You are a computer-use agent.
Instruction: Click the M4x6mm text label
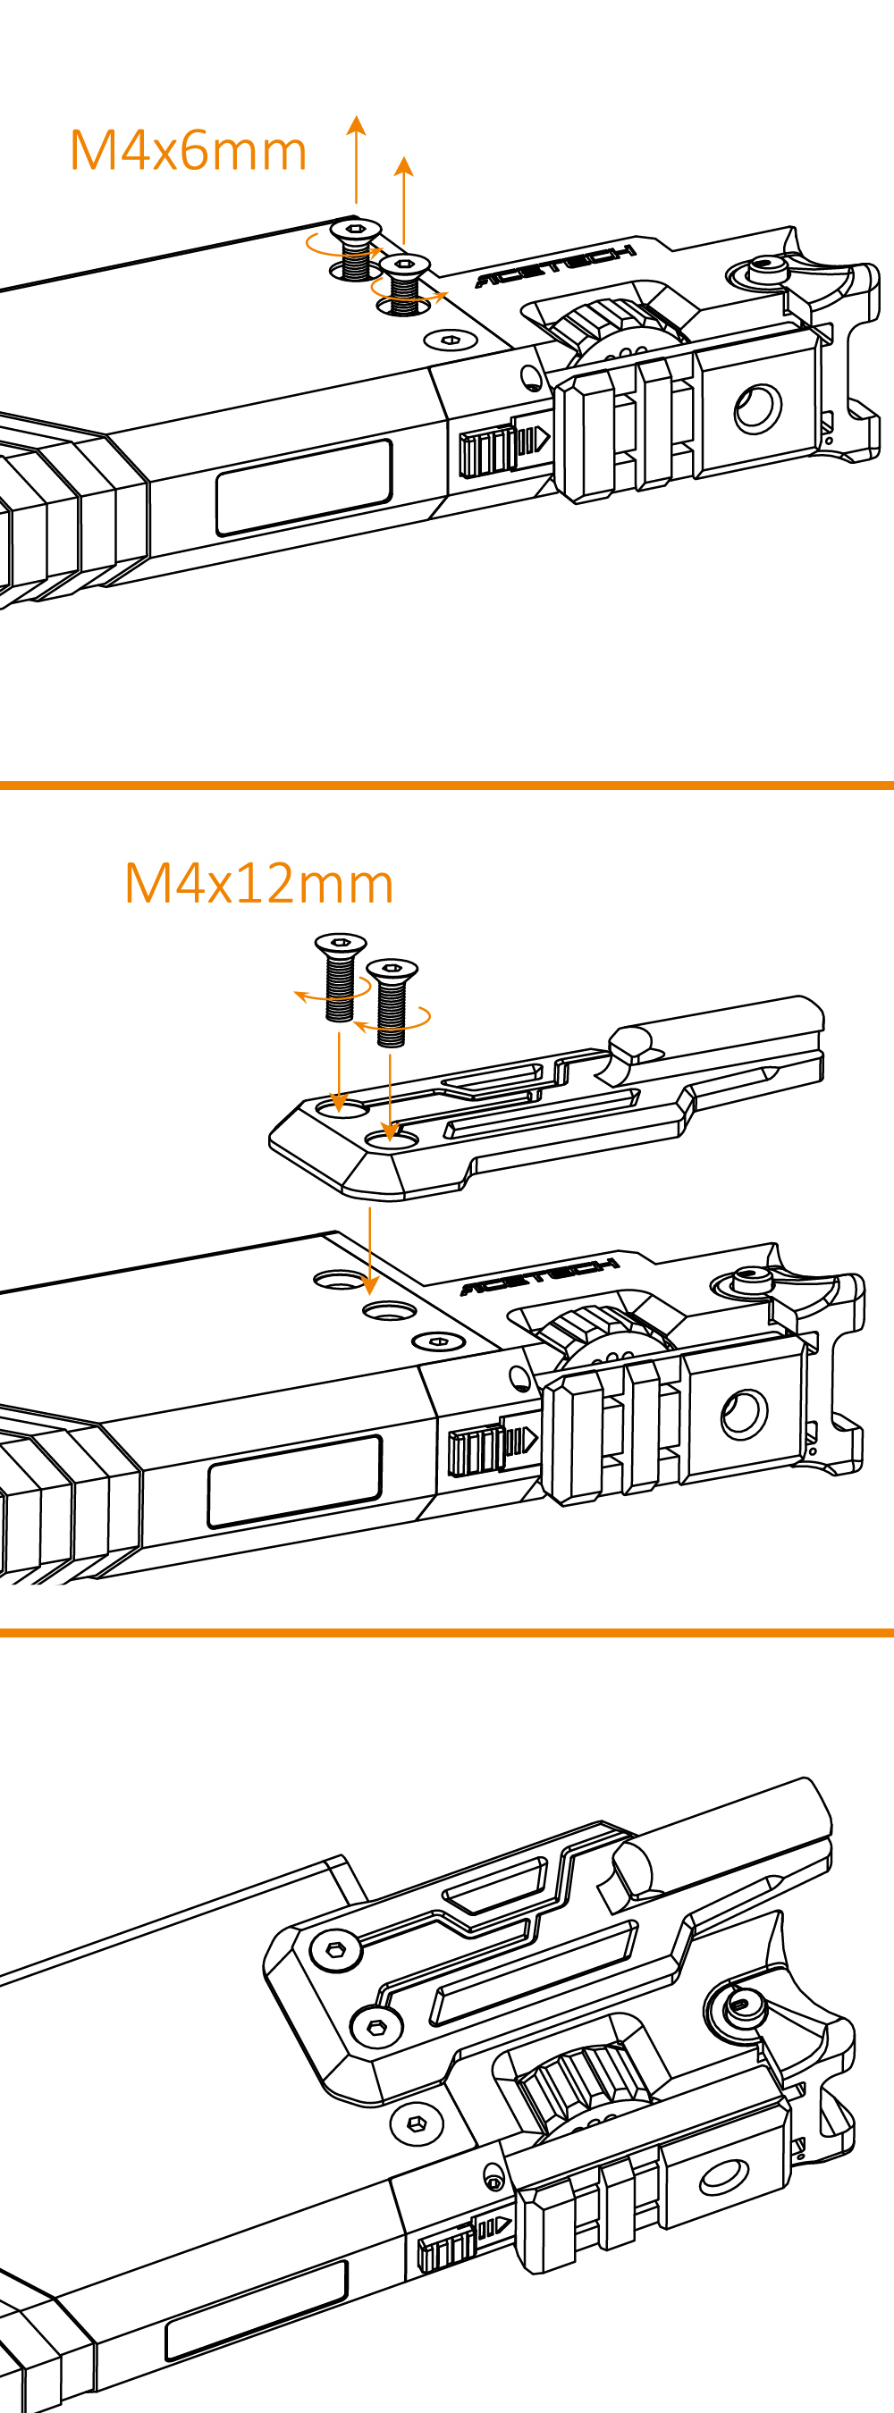tap(189, 150)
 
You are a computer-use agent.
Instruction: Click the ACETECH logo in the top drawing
tap(557, 266)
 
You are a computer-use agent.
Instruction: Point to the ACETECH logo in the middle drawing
tap(540, 1276)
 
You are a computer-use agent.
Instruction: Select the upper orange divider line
tap(447, 785)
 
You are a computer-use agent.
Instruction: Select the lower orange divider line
tap(447, 1633)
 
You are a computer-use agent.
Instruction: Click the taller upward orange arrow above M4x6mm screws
tap(356, 159)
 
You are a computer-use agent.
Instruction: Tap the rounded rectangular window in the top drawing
tap(304, 487)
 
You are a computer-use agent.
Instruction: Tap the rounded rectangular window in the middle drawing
tap(294, 1481)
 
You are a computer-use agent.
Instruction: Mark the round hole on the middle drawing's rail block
tap(744, 1414)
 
